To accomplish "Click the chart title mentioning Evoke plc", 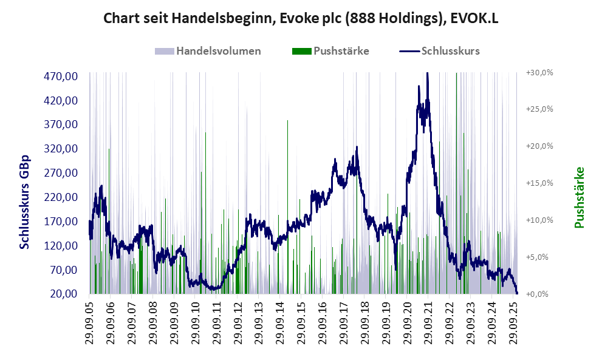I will [x=301, y=18].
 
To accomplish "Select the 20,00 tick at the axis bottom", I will [x=63, y=294].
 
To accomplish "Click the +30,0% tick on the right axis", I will [x=539, y=72].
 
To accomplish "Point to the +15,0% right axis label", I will [x=539, y=183].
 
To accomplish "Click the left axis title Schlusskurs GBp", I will [x=25, y=202].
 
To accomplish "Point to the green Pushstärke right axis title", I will [x=579, y=198].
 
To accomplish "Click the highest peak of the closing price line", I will [x=428, y=74].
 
